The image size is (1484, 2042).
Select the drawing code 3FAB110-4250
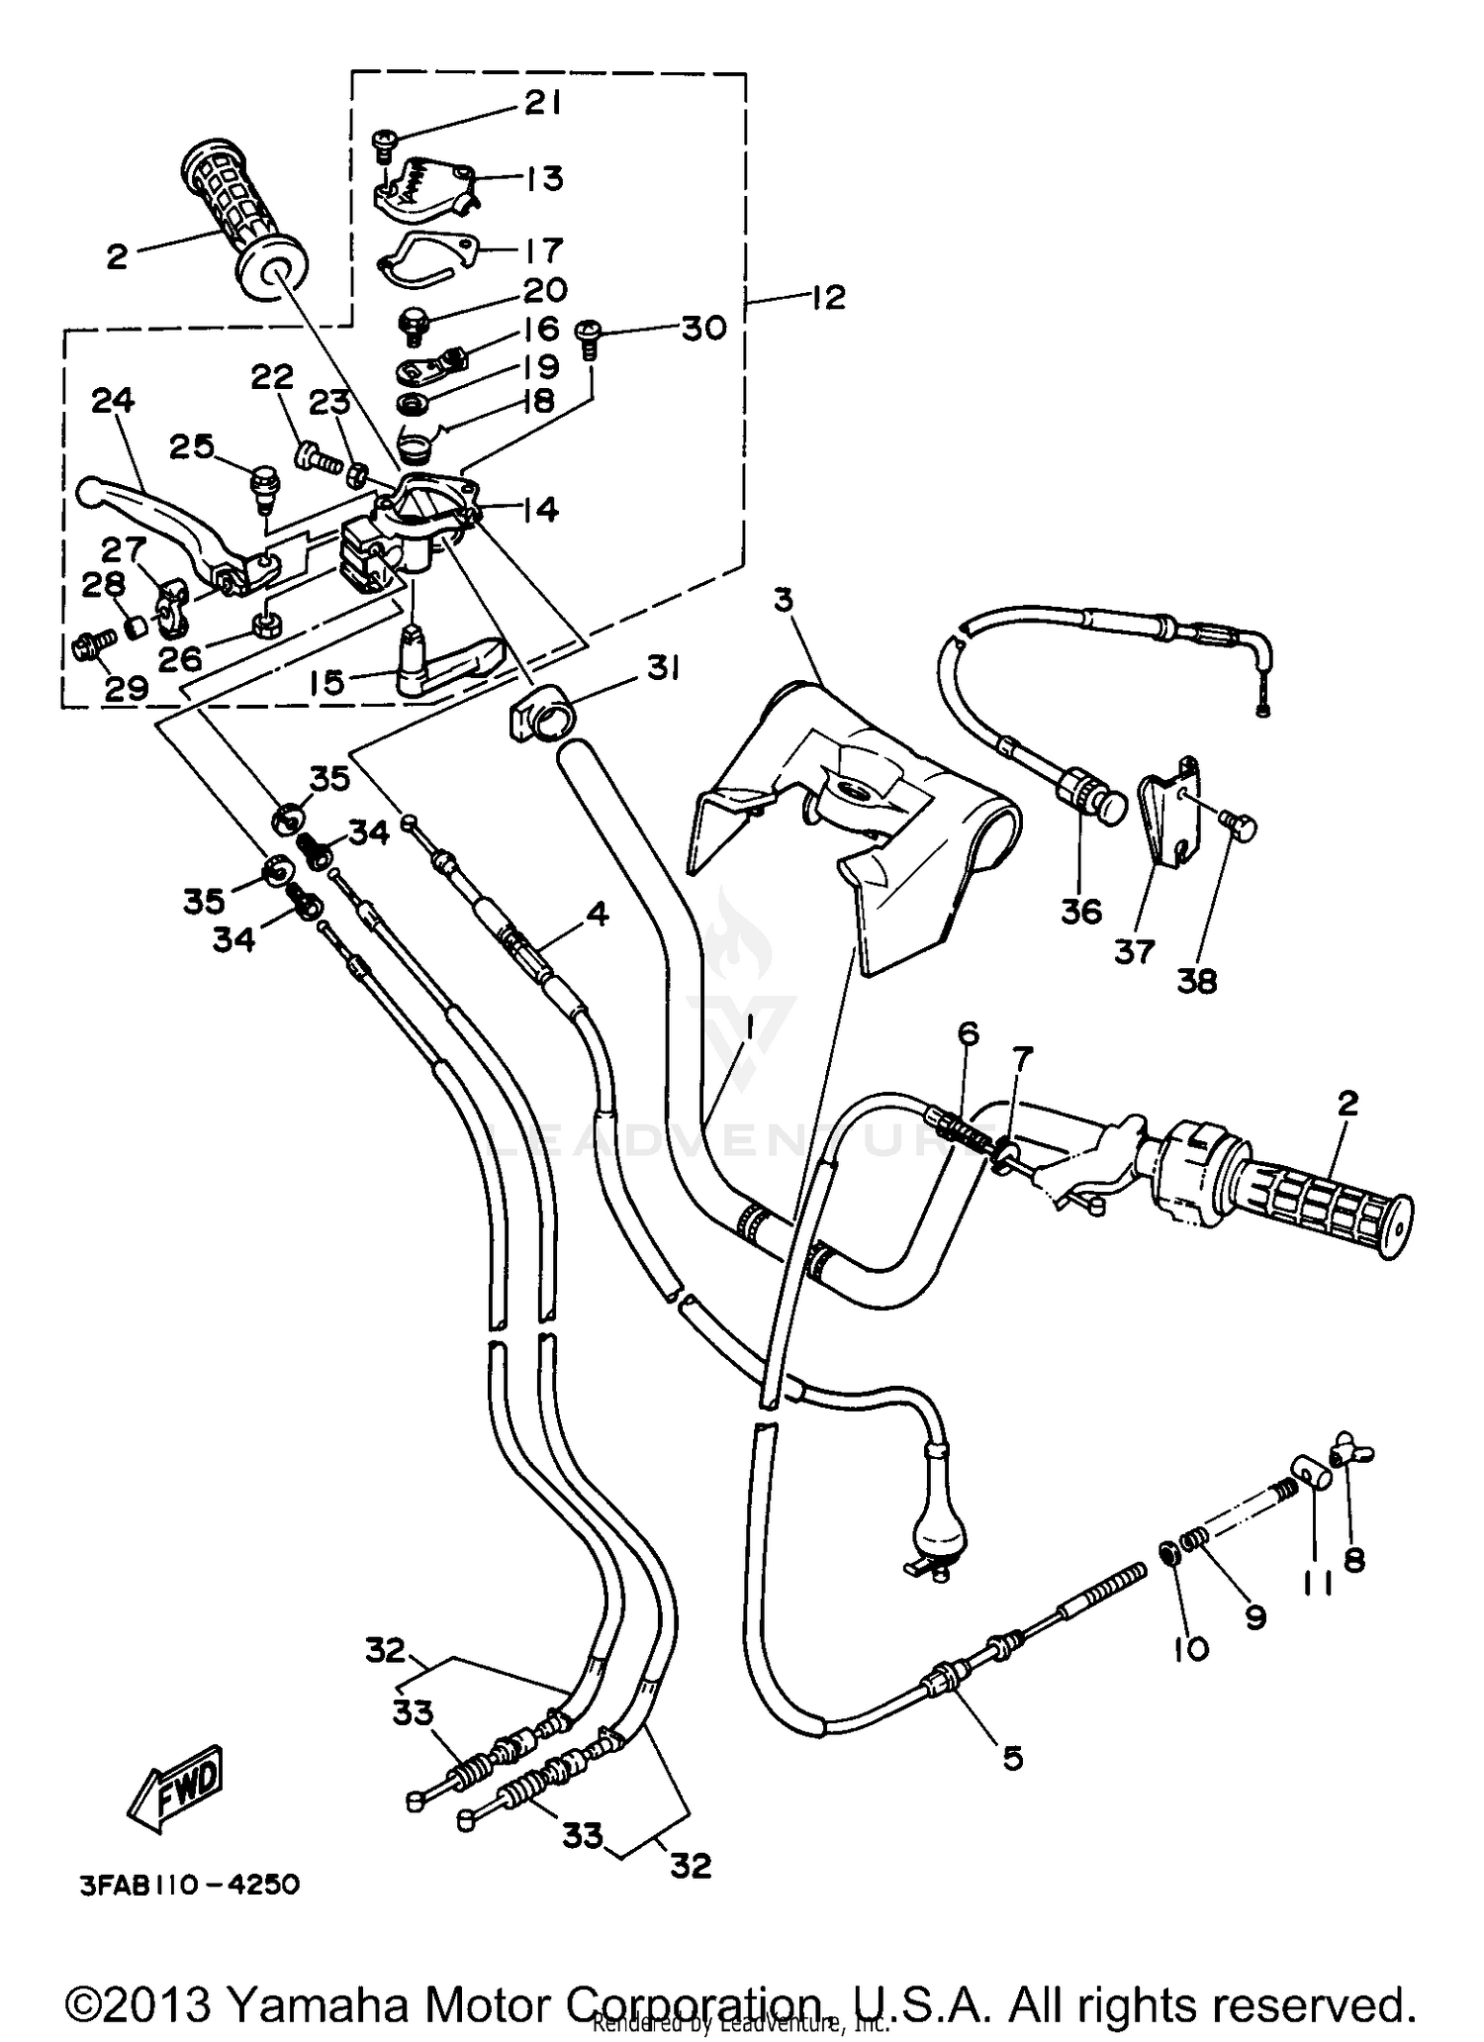click(189, 1885)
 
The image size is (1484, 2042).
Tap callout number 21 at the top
click(541, 103)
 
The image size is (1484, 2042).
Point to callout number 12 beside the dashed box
click(828, 297)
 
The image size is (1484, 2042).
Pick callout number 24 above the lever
click(113, 401)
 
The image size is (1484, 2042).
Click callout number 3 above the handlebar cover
click(784, 601)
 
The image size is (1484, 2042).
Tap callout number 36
click(1081, 911)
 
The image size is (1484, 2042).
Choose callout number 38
click(1196, 981)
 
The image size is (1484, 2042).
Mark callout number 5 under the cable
click(1012, 1758)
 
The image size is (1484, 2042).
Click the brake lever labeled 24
click(168, 515)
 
